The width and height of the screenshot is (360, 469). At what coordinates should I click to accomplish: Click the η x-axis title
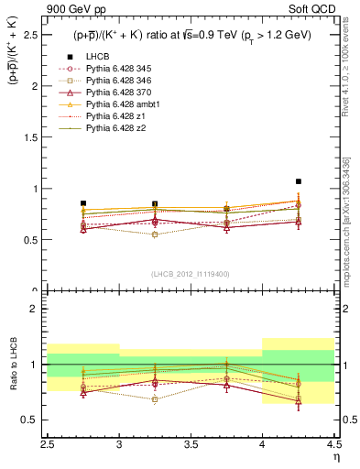click(336, 455)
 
